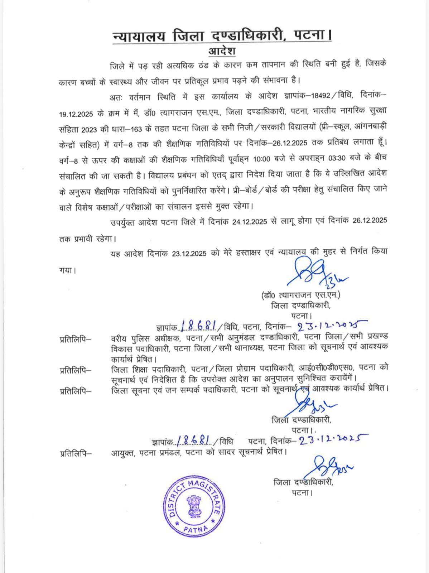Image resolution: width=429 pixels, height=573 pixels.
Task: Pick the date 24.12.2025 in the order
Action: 250,221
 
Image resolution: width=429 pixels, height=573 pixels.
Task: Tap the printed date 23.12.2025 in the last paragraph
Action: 189,253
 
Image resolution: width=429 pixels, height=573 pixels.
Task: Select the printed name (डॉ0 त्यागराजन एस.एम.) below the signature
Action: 300,295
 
